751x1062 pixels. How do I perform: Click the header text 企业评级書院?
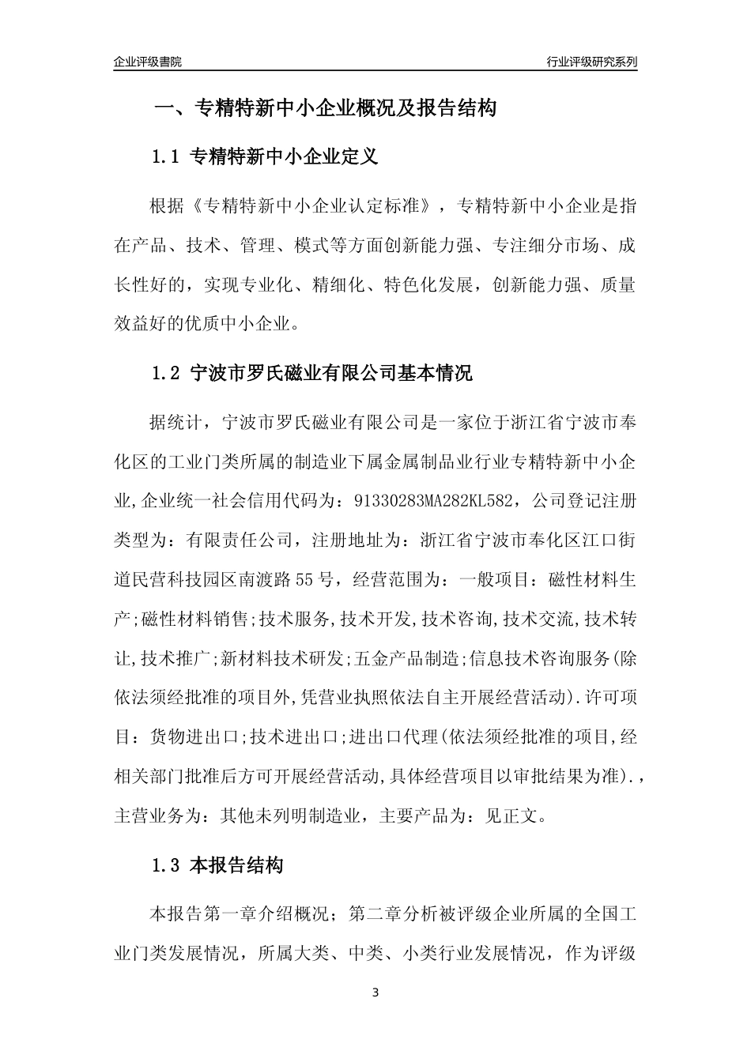click(148, 62)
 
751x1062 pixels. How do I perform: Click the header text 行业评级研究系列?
click(591, 62)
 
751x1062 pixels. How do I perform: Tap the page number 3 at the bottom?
click(375, 992)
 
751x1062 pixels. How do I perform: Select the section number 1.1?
click(167, 157)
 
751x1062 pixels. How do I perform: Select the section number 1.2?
click(167, 373)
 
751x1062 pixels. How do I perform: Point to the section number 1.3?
click(167, 865)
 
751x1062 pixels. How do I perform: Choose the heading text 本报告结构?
click(237, 865)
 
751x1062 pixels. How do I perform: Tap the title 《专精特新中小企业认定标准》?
click(313, 207)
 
